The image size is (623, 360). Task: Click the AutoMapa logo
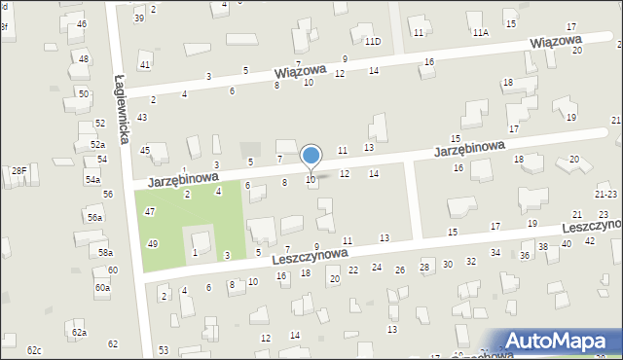559,341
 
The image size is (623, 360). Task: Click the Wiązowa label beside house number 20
556,43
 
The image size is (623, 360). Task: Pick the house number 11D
373,42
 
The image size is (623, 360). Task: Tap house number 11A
480,33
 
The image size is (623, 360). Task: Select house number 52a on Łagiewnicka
98,144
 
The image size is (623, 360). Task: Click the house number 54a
92,180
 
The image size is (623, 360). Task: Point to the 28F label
18,171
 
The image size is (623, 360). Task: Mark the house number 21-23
605,196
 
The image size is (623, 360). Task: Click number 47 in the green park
150,211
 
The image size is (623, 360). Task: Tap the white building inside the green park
202,239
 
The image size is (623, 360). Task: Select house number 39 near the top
140,18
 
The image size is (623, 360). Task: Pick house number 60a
102,288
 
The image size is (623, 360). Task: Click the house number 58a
105,253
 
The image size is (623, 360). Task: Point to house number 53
164,349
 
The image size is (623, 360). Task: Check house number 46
82,23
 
